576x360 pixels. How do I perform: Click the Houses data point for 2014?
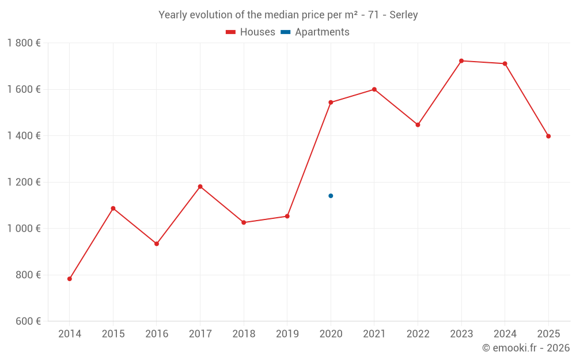(x=70, y=279)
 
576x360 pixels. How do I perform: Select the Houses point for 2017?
(x=200, y=187)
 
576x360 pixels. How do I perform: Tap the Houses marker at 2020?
(x=331, y=103)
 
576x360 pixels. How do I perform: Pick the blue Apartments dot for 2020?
(x=331, y=196)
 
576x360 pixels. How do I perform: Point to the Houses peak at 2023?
(x=461, y=60)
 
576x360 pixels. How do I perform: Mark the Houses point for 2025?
(x=548, y=137)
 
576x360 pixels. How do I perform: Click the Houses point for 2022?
(x=418, y=124)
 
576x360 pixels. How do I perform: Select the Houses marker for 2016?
(x=157, y=244)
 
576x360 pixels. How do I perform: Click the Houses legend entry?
(x=251, y=32)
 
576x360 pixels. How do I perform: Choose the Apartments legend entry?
(x=316, y=32)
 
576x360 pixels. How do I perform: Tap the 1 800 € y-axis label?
(x=24, y=43)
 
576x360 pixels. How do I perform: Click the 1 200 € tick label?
(x=24, y=182)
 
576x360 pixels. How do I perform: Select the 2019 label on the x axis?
(x=287, y=334)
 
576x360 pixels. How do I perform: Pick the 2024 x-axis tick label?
(x=505, y=334)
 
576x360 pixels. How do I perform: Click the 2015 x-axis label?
(x=113, y=334)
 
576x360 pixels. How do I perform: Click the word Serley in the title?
(x=403, y=15)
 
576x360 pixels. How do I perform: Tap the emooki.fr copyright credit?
(x=525, y=348)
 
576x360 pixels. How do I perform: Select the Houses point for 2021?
(x=374, y=89)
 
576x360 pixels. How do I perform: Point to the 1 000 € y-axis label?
(x=24, y=229)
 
